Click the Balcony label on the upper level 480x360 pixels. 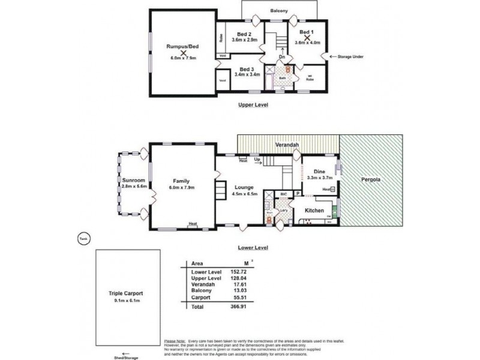point(279,10)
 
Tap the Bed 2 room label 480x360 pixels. point(243,34)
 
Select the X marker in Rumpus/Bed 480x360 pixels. point(176,52)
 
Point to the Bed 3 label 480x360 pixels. point(247,69)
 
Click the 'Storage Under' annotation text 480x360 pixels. point(351,56)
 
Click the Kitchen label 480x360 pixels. point(314,211)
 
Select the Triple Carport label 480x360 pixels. point(125,293)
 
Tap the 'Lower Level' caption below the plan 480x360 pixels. point(253,247)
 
